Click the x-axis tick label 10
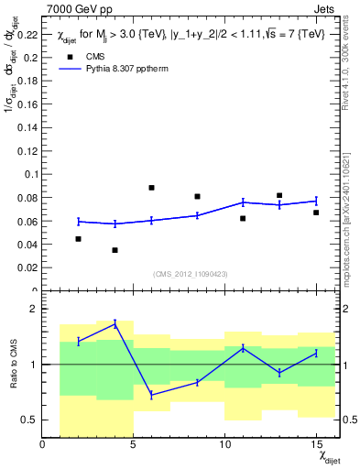pos(224,445)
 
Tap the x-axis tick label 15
pos(315,445)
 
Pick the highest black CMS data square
pos(151,188)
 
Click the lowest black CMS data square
pos(115,250)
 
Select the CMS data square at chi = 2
pos(79,239)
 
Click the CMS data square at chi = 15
pos(316,213)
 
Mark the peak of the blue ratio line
pos(115,323)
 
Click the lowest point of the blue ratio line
pos(151,395)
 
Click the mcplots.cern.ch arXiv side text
pos(352,206)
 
